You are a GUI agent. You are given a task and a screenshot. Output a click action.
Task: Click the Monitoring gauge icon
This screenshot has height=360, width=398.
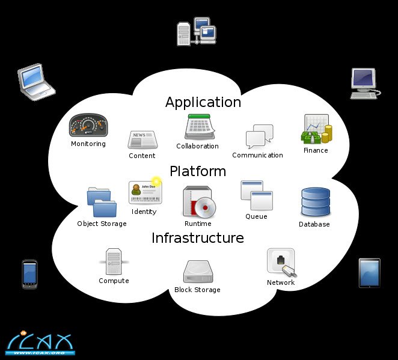point(88,126)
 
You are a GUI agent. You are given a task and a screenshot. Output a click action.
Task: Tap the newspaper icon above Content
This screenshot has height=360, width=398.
point(142,139)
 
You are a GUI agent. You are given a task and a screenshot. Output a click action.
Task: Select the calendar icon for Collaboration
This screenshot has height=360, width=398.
point(197,127)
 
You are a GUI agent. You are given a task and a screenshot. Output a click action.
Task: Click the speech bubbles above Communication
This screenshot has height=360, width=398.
point(260,136)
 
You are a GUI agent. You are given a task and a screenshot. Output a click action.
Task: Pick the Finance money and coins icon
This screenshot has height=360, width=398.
point(316,129)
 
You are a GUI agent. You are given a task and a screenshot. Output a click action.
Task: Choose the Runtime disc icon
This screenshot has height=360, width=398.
point(198,201)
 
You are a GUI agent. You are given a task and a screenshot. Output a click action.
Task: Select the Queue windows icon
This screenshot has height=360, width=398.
point(257,195)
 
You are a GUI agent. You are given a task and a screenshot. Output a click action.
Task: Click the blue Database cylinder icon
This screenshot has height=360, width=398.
point(315,203)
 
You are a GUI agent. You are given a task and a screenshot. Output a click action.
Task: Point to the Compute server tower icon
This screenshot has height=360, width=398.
point(114,261)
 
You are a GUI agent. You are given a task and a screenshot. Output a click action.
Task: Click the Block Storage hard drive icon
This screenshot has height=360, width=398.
point(197,271)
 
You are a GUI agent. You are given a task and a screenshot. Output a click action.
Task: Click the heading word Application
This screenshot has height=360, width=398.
point(203,102)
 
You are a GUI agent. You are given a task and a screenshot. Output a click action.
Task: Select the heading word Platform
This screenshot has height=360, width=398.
point(198,171)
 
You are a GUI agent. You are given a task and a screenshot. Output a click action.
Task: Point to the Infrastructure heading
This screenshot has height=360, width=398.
point(198,238)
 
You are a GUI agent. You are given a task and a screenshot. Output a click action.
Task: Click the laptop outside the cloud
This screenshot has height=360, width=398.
point(35,81)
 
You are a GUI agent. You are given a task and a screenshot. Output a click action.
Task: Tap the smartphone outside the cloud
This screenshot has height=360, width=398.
point(29,273)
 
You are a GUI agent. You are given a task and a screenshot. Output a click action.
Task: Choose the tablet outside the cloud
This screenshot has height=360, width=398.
point(369,273)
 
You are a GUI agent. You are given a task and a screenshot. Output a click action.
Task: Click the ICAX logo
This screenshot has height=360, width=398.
point(40,342)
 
